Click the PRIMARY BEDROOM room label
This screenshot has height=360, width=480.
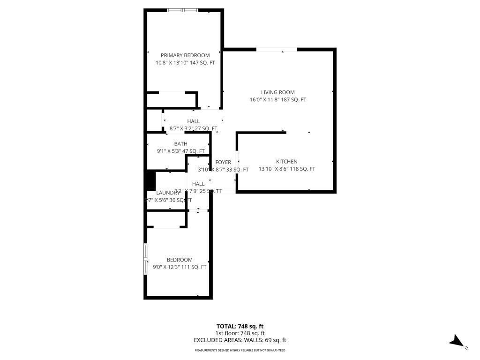coord(185,55)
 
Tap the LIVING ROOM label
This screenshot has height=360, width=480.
coord(278,92)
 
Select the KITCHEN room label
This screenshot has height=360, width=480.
coord(286,162)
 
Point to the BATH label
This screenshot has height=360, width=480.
coord(180,144)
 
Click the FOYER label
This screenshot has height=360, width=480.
coord(223,162)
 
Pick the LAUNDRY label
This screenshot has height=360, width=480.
coord(168,193)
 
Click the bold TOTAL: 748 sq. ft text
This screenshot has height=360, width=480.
coord(240,326)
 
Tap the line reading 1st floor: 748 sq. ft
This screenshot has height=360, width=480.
coord(240,333)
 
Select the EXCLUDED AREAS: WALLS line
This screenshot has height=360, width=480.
coord(240,340)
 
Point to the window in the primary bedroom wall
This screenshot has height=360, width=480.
coord(183,10)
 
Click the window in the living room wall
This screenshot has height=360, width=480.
coord(277,49)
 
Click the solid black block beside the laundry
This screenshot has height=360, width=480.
coord(150,180)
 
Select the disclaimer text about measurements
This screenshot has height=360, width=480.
coord(240,350)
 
